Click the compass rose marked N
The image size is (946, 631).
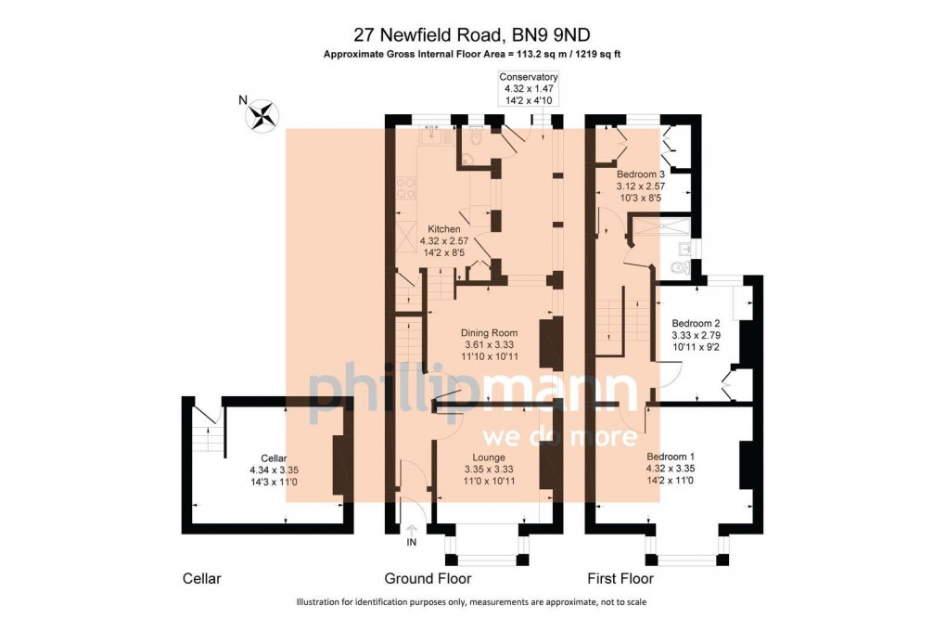click(x=262, y=115)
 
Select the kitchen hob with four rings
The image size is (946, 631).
click(x=405, y=188)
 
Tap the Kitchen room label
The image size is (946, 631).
click(x=443, y=228)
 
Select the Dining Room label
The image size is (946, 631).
click(x=489, y=332)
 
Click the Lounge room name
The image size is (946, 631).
click(x=488, y=457)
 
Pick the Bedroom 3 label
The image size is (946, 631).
click(x=641, y=174)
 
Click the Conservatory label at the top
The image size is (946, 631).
click(x=528, y=76)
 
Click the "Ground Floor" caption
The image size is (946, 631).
click(x=428, y=579)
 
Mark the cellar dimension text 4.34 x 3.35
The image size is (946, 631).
click(x=275, y=470)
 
